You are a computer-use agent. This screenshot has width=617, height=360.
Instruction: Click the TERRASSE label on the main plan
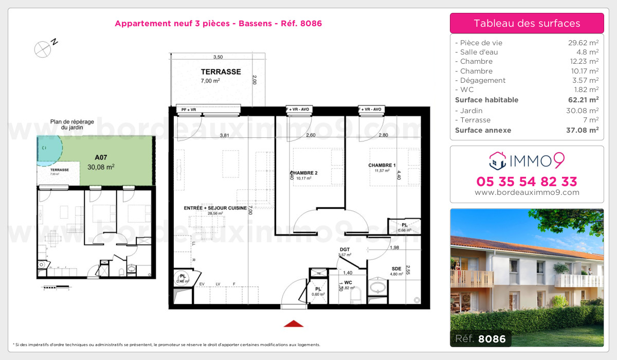point(221,72)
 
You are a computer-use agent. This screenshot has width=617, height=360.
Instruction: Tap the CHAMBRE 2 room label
point(303,173)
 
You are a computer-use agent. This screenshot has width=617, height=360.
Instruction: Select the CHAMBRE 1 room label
point(382,165)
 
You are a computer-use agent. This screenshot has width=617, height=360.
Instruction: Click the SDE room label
point(396,269)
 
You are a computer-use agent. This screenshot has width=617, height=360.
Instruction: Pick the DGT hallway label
point(344,250)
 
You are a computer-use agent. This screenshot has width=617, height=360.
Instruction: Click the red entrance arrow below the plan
point(294,323)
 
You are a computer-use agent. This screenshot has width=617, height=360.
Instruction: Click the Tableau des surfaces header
point(527,23)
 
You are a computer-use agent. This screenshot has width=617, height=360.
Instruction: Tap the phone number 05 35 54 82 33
point(527,182)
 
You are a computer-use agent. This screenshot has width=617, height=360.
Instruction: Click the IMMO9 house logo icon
point(498,160)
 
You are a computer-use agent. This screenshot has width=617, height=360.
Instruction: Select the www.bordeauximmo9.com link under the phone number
point(527,193)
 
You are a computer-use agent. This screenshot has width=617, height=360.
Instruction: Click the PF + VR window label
point(186,109)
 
